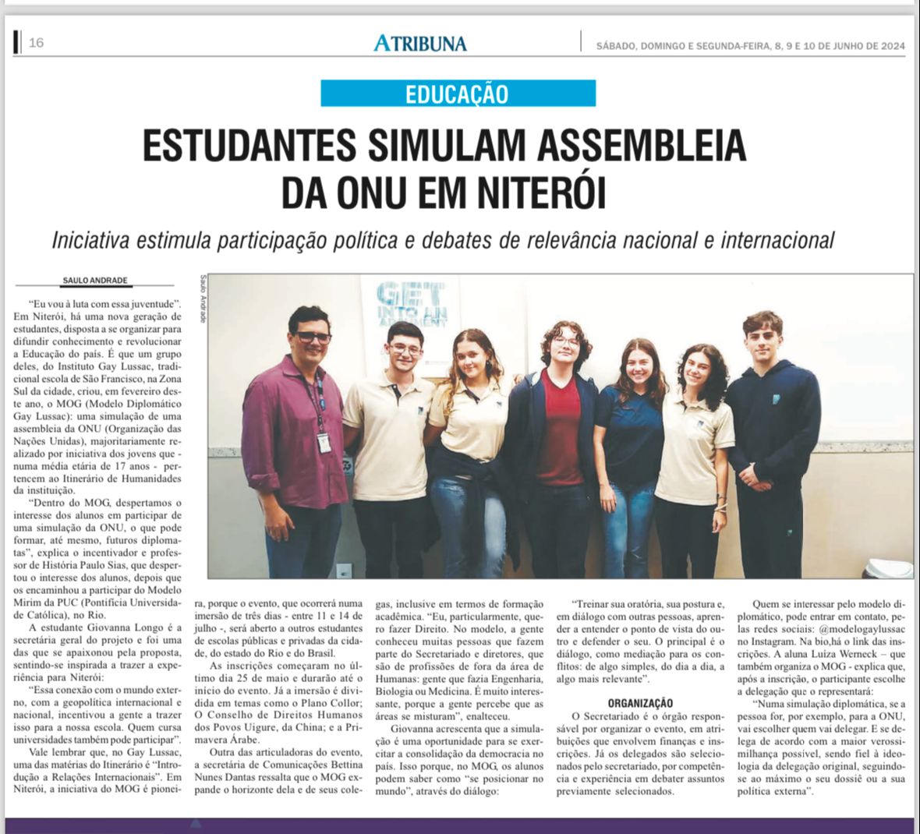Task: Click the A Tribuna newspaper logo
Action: click(x=420, y=43)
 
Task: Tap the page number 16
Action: click(x=36, y=43)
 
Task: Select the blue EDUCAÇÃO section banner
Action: click(x=458, y=94)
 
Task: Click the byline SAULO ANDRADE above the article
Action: click(x=94, y=281)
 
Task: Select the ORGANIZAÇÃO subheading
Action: click(x=640, y=703)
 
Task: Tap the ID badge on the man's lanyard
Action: click(x=324, y=442)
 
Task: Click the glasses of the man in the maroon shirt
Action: click(x=313, y=337)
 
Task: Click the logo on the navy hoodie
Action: click(x=776, y=399)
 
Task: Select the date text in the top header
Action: click(x=750, y=45)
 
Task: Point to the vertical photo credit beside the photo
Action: click(x=203, y=299)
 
